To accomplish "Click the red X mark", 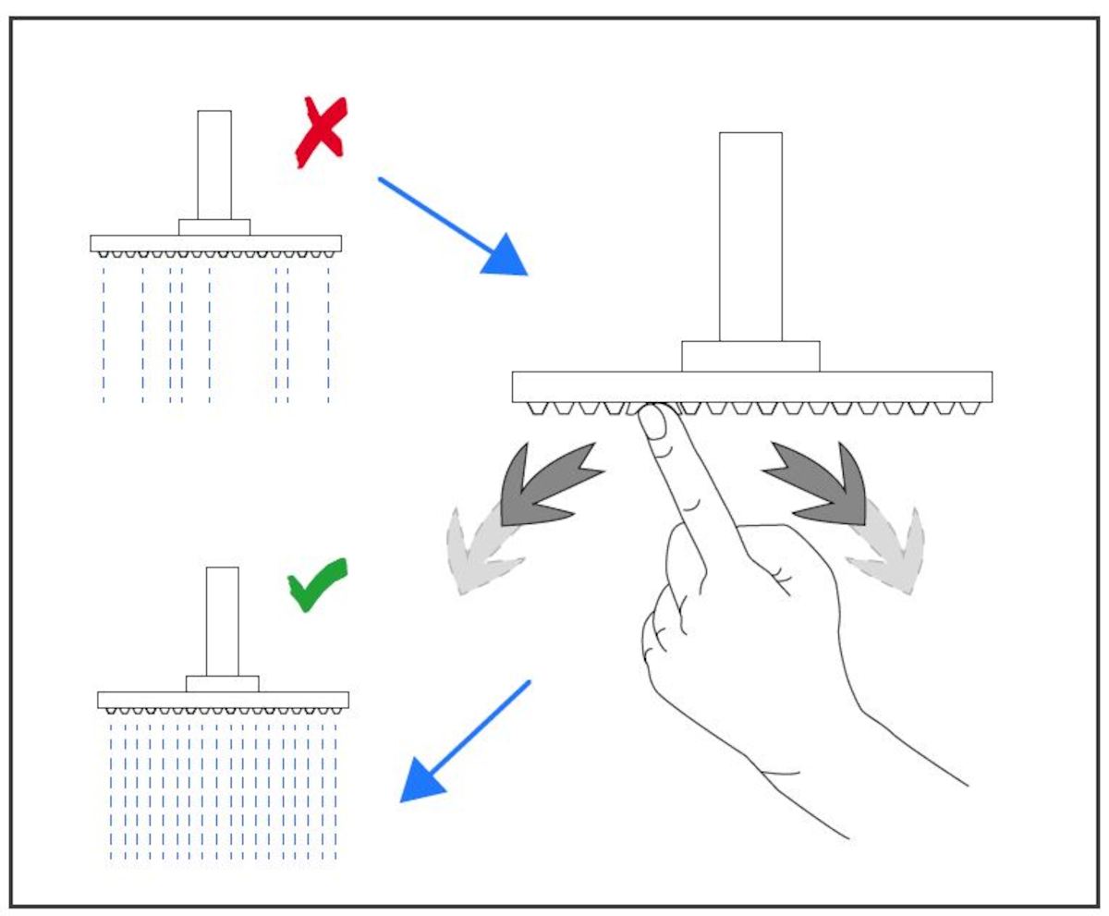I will click(x=320, y=132).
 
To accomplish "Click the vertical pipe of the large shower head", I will click(x=750, y=237).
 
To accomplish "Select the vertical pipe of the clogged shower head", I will click(x=214, y=165).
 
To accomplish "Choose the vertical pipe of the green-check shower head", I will click(x=222, y=620).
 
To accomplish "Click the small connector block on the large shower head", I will click(x=750, y=357).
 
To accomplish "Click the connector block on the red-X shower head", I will click(x=214, y=227).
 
